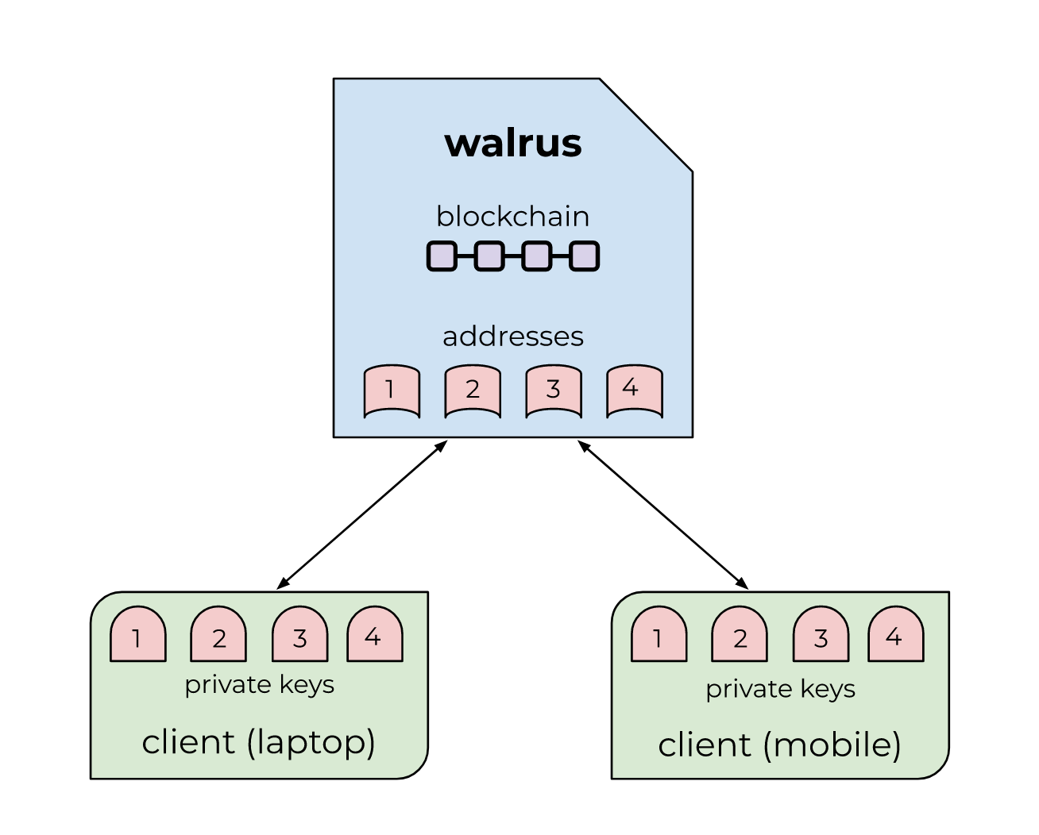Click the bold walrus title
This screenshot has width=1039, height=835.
point(513,144)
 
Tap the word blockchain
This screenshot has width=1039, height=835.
point(513,217)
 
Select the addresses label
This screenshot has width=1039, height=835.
point(513,337)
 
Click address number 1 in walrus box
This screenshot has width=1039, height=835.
point(392,390)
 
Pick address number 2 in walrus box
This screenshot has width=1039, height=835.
point(473,390)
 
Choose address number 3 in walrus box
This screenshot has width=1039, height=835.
point(554,390)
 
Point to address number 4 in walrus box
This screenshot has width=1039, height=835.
point(634,389)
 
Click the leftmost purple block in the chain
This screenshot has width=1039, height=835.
point(442,256)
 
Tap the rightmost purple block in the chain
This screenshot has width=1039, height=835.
point(584,256)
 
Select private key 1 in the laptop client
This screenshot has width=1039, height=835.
point(138,635)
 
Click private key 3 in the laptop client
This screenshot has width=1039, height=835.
point(300,635)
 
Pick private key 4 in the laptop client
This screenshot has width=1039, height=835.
point(375,635)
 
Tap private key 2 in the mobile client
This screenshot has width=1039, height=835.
point(740,635)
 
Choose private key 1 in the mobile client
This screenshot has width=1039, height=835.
point(659,635)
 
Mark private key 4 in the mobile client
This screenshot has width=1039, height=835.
point(895,635)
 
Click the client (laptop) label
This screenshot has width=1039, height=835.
point(259,742)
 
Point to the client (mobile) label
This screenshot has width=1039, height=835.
point(780,745)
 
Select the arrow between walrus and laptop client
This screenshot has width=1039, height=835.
point(361,515)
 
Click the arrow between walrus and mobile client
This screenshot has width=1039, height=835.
point(663,515)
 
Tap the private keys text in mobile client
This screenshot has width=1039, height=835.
point(780,689)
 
